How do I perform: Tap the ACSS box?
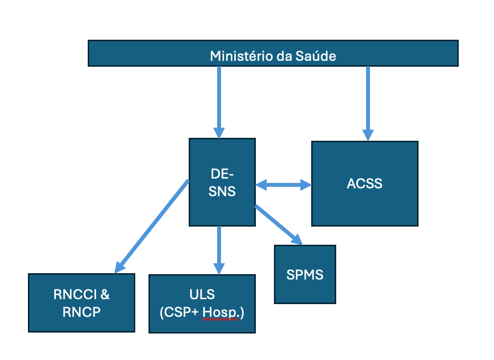tap(365, 184)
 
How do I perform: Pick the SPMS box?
tap(305, 274)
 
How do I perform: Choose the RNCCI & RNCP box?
tap(81, 303)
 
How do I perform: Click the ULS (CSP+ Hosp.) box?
tap(202, 303)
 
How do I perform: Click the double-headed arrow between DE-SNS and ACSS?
tap(283, 185)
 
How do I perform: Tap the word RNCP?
tap(81, 312)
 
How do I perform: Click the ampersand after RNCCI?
tap(104, 295)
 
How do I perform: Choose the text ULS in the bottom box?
tap(202, 295)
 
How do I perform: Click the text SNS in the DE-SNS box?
tap(222, 191)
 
